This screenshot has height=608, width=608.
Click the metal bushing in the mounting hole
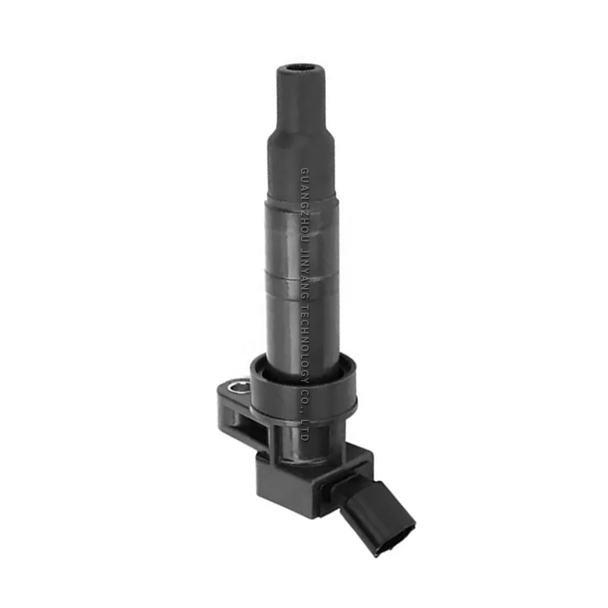tap(238, 389)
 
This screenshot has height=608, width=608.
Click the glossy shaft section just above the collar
tap(302, 334)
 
